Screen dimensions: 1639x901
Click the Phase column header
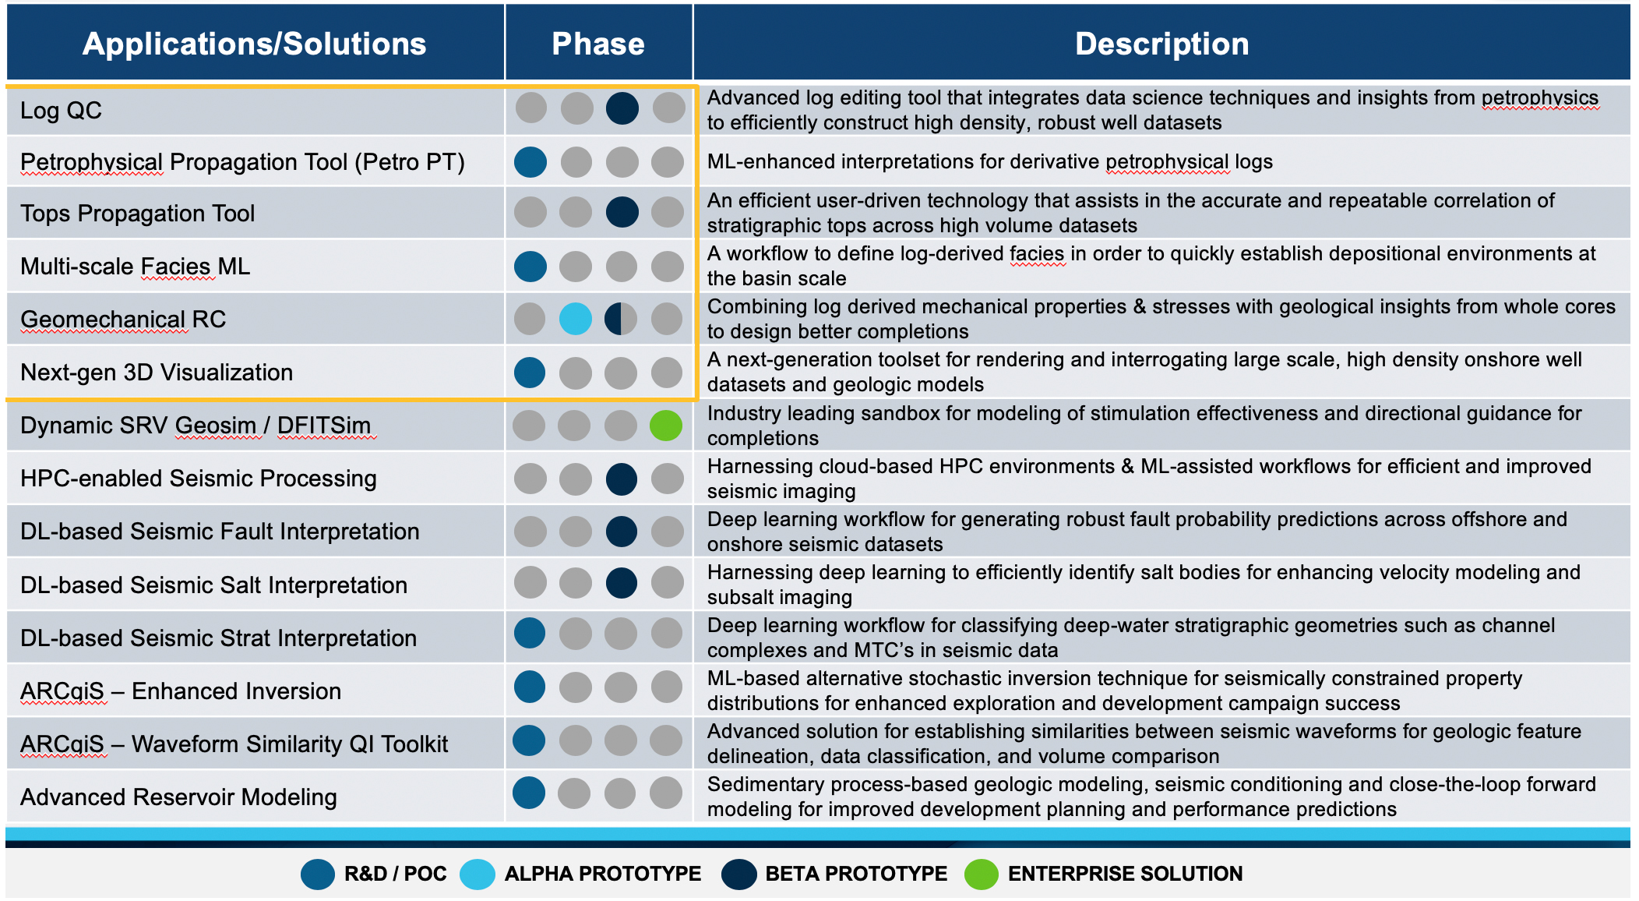[598, 44]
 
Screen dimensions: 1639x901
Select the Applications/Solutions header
[254, 44]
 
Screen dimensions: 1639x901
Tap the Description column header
[1161, 44]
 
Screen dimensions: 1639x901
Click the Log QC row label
[61, 111]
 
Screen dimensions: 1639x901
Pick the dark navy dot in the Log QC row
[622, 108]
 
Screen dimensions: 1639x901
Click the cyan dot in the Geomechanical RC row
[576, 319]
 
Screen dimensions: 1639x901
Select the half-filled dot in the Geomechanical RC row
[621, 319]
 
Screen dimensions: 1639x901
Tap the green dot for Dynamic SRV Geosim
[666, 426]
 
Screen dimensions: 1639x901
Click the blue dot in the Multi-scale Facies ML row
[530, 267]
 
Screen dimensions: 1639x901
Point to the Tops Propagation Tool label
[137, 214]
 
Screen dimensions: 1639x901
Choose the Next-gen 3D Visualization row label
[157, 373]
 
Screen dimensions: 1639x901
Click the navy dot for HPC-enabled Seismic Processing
[622, 479]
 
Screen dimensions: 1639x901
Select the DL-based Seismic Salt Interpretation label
[213, 585]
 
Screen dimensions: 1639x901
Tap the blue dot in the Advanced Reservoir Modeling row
[529, 793]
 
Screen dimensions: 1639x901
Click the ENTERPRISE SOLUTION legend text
[1125, 874]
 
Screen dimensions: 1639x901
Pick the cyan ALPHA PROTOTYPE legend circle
[478, 874]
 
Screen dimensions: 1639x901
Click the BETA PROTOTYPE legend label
[856, 874]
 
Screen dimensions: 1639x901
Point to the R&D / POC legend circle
[318, 874]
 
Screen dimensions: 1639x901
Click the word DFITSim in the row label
[324, 426]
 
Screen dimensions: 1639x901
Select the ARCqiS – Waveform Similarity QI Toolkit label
[234, 744]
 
